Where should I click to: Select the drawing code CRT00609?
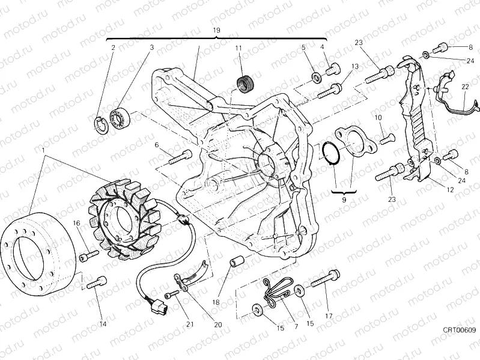point(460,329)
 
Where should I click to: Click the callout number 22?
point(465,87)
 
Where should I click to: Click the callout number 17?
point(328,315)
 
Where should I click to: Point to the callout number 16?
point(77,224)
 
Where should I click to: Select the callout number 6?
point(157,145)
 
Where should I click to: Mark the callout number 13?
point(355,66)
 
